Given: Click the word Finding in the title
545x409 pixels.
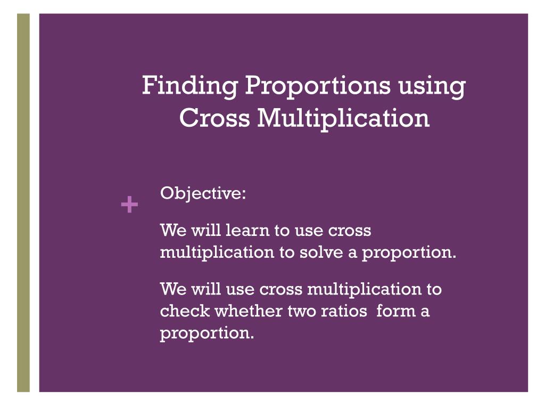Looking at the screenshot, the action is [190, 86].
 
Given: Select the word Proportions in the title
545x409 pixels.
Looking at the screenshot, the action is [318, 86].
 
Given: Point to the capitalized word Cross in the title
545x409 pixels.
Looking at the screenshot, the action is [214, 118].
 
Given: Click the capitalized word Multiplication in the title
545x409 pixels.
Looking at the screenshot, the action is [343, 119].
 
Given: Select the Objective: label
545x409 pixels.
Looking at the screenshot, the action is [203, 193].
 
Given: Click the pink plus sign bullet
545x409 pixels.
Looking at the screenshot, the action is [129, 204].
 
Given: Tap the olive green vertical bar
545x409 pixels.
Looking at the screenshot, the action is [23, 203].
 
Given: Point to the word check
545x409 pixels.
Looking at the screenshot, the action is [185, 310].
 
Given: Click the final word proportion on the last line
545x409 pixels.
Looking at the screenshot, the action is [207, 333].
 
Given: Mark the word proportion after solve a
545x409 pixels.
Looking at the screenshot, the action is [409, 253].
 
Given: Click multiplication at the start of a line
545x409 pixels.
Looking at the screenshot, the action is [217, 252].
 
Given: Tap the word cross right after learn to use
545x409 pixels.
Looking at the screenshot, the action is [350, 231].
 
